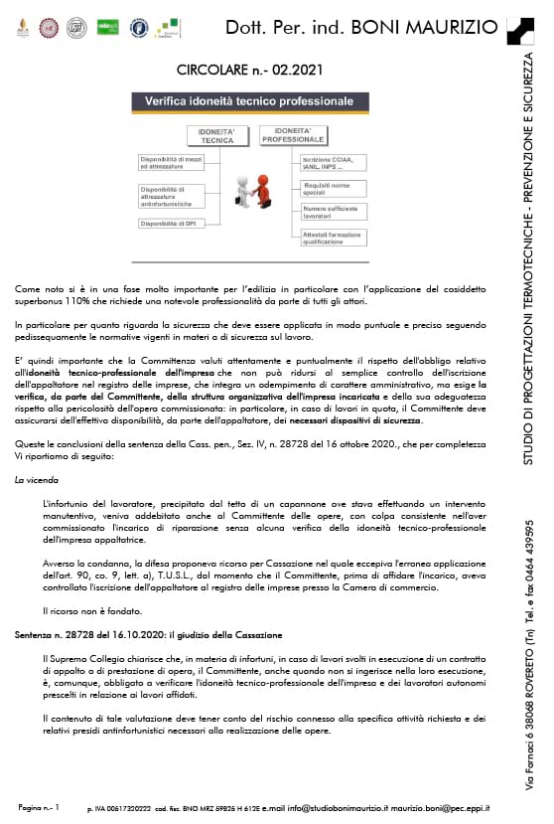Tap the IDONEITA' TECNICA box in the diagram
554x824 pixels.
point(208,137)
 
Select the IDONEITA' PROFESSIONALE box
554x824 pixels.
point(293,137)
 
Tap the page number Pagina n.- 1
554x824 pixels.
point(39,809)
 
